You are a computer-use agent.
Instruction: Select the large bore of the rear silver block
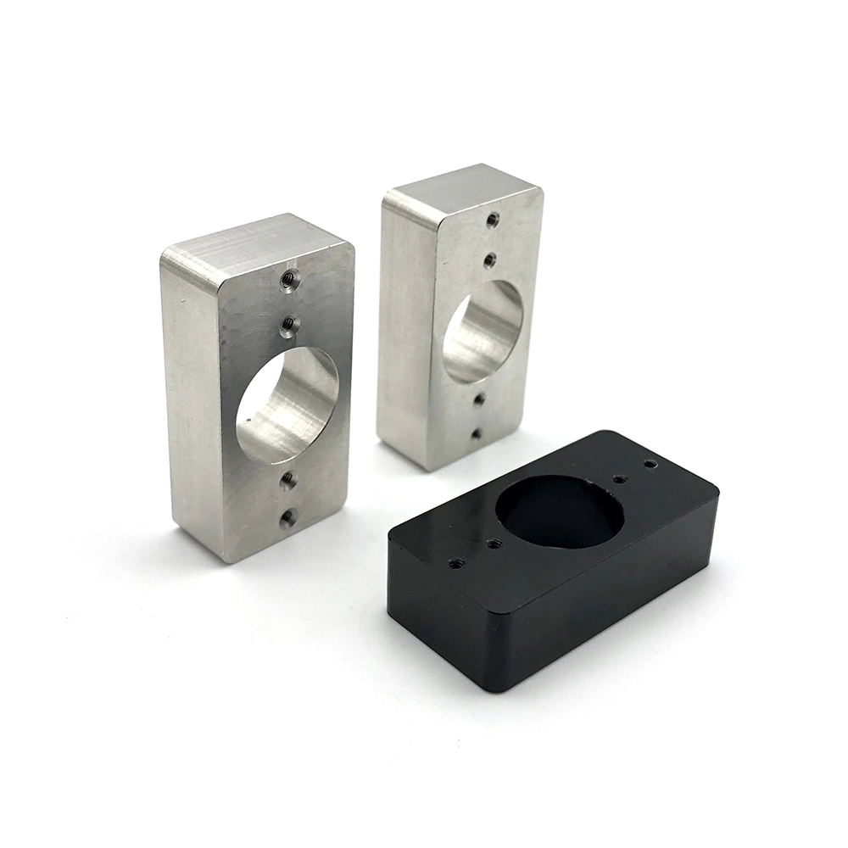click(483, 332)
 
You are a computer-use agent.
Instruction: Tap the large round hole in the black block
click(560, 513)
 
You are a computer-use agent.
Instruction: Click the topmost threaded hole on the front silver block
click(289, 277)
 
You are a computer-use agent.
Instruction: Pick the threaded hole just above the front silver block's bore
click(288, 323)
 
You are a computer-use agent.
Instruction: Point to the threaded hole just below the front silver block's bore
click(288, 480)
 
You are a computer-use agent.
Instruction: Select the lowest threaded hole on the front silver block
click(288, 516)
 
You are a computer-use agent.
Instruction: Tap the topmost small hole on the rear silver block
click(493, 220)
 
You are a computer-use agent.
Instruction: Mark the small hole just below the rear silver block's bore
click(479, 399)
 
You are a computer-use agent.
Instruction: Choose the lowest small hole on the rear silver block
click(476, 433)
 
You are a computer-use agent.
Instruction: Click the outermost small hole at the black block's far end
click(650, 465)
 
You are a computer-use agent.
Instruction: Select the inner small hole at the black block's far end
click(620, 479)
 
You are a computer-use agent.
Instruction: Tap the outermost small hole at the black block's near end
click(457, 561)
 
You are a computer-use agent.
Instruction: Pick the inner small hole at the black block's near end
click(494, 544)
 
